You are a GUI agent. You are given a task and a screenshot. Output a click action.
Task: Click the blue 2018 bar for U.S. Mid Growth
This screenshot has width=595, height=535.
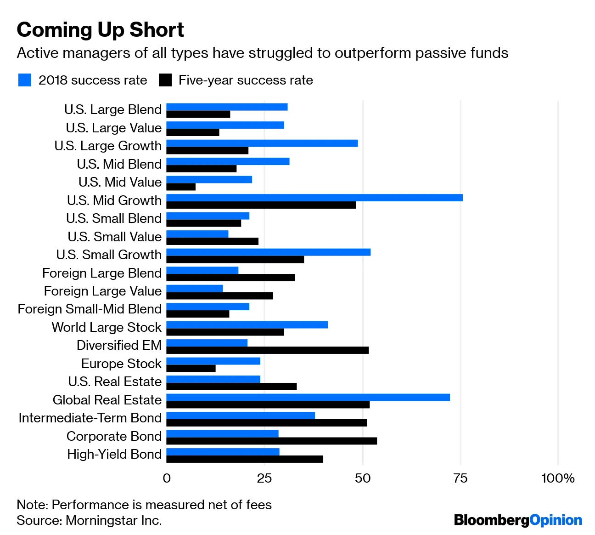point(314,198)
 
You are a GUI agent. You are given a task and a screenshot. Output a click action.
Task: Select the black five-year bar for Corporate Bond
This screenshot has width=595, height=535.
point(271,441)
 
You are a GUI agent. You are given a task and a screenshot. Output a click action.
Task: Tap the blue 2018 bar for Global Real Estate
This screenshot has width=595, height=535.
point(308,398)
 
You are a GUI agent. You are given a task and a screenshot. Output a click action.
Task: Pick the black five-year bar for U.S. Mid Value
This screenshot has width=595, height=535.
point(181,187)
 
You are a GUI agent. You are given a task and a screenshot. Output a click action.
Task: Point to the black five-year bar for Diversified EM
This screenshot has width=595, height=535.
point(267,350)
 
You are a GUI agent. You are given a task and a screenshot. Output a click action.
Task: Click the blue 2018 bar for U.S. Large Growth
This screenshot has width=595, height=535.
point(262,143)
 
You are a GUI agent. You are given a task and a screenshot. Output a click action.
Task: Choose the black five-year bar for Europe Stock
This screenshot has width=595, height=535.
point(191,369)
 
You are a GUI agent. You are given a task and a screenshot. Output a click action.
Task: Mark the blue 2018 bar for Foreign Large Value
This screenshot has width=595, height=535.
point(195,289)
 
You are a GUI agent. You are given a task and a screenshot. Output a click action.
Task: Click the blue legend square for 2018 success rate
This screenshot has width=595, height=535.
point(25,80)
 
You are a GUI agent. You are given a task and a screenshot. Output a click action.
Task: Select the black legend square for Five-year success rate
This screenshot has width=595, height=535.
point(165,80)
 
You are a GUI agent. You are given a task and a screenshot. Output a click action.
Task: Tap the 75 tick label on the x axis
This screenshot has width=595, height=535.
point(460,478)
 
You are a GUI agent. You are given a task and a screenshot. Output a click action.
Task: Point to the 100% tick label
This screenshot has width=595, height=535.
point(558,478)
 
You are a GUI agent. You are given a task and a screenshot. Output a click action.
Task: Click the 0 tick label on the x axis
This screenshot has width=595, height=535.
point(167,478)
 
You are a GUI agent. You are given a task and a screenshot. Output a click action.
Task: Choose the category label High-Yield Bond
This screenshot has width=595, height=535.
point(114,454)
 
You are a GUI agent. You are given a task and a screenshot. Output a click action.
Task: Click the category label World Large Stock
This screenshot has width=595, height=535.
point(107,327)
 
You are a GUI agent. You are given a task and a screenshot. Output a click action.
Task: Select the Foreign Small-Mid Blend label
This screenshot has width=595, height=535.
point(90,309)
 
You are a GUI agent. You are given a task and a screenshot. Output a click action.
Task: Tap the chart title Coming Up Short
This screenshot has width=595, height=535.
point(100,30)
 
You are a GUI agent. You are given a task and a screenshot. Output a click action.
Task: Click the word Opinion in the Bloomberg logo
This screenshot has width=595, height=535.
point(556,520)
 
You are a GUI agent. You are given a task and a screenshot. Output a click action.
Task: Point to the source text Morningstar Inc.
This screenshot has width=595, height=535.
point(114,520)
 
